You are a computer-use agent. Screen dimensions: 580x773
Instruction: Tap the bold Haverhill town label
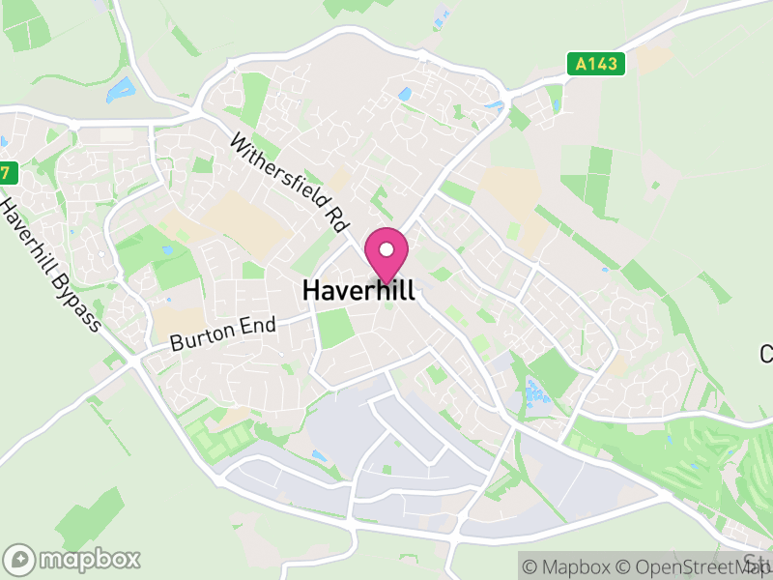click(358, 290)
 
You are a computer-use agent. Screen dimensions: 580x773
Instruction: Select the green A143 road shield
click(595, 64)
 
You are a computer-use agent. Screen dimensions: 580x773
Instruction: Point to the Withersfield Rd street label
click(288, 182)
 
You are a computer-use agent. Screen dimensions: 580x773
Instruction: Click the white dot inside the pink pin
click(386, 248)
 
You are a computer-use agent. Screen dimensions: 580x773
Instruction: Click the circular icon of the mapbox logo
click(19, 559)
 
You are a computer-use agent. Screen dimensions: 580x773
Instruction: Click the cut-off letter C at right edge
click(767, 354)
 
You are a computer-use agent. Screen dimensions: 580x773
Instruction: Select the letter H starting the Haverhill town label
click(311, 290)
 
